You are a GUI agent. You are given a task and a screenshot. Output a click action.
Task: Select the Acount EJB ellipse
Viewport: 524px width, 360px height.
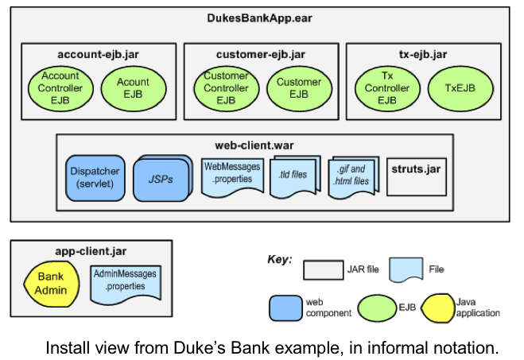[x=133, y=88]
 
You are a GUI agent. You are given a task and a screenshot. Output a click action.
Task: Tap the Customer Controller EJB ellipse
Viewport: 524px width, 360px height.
[x=226, y=88]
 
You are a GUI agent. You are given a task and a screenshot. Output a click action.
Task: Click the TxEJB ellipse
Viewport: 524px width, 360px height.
[x=459, y=88]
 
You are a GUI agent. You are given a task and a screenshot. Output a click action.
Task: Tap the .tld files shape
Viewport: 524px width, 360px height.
[x=293, y=176]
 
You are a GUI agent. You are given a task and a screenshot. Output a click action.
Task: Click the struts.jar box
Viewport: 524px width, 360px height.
[x=416, y=176]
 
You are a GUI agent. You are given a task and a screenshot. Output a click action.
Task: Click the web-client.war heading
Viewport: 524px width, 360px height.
[x=254, y=145]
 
